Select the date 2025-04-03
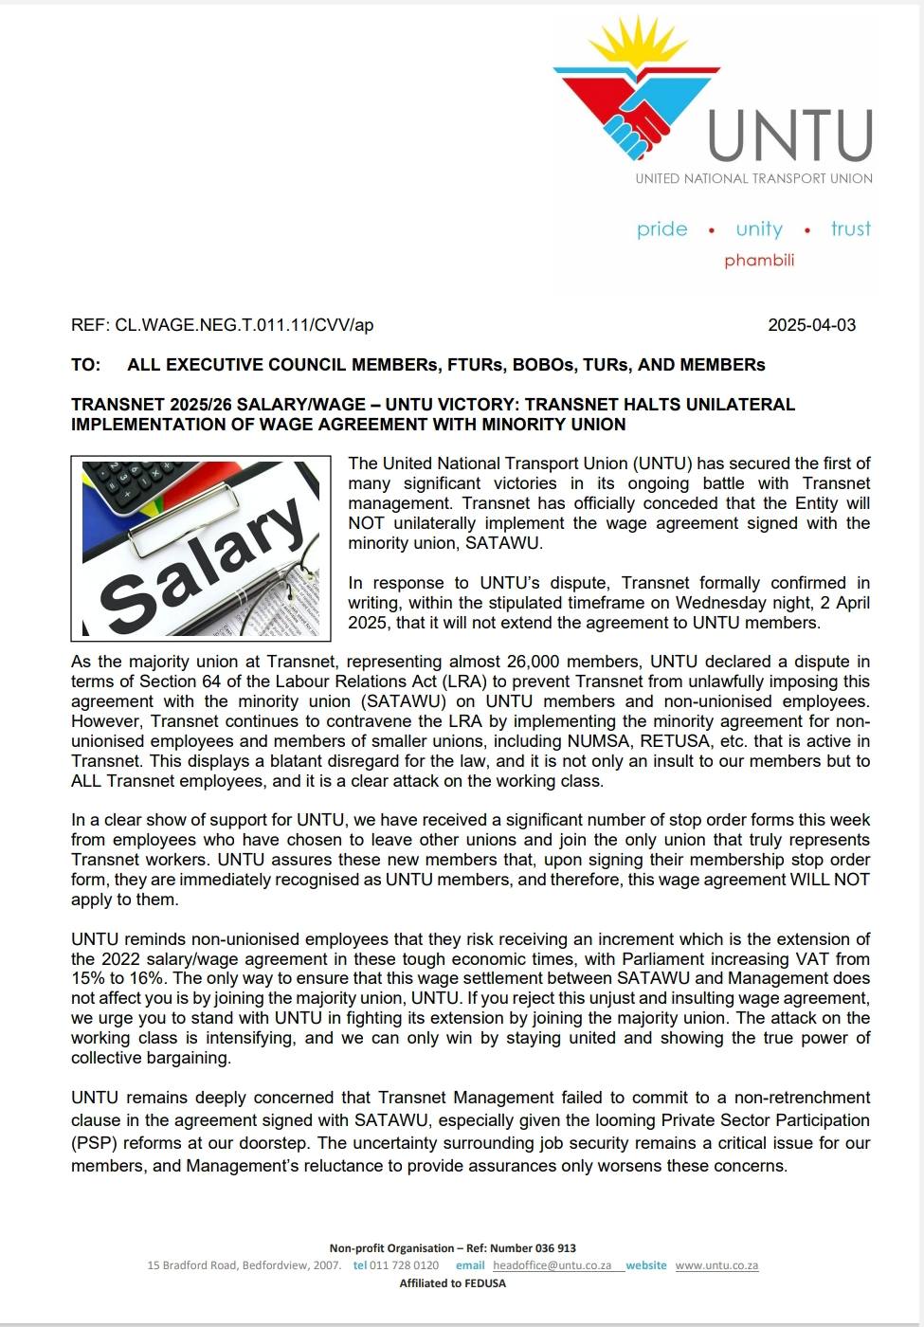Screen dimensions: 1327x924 tap(811, 325)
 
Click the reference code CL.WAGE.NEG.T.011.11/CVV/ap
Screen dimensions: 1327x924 tap(244, 325)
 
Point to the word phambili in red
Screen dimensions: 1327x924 tap(759, 261)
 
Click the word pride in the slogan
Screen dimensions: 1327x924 tap(661, 229)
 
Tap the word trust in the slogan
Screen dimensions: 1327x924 tap(850, 229)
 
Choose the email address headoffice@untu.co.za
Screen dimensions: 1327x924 tap(552, 1265)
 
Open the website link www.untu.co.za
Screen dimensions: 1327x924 tap(716, 1265)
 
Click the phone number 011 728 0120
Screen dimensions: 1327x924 tap(404, 1265)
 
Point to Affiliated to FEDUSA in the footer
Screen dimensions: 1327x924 tap(452, 1283)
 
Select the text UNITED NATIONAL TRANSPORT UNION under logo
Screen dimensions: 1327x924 tap(753, 178)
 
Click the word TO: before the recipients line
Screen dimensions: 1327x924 tap(85, 365)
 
